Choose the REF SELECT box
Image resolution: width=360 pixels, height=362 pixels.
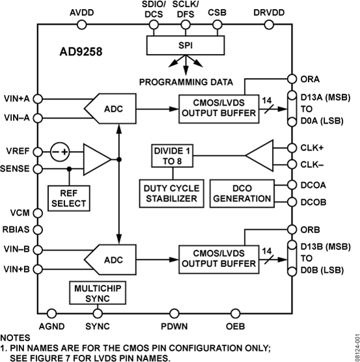coord(68,197)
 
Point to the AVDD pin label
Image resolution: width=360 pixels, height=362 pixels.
coord(81,12)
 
